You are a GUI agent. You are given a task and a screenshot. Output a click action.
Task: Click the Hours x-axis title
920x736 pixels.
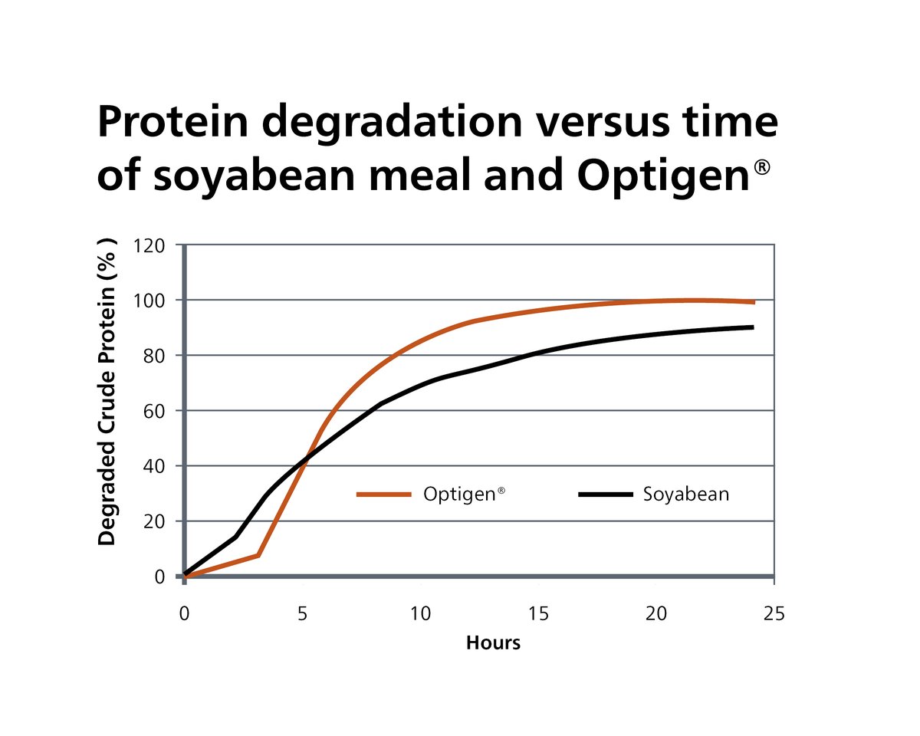tap(493, 642)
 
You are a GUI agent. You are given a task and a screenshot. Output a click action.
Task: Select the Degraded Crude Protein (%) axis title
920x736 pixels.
tap(107, 393)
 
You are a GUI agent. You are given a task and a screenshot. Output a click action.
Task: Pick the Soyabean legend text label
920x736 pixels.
tap(686, 495)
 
